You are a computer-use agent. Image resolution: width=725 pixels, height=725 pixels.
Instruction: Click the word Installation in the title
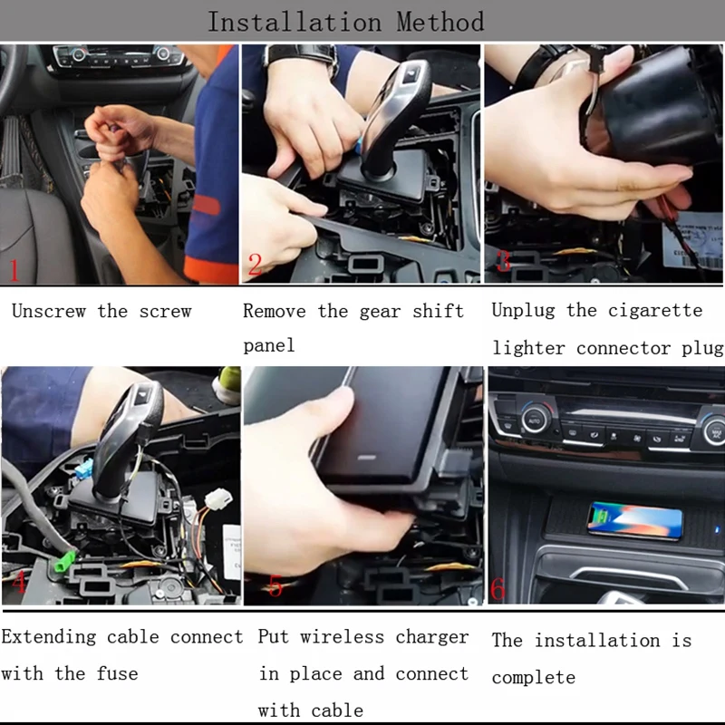click(x=295, y=22)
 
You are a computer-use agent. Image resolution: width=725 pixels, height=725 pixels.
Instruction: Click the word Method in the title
click(x=440, y=22)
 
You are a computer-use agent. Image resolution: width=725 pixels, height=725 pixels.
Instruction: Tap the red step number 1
click(x=14, y=270)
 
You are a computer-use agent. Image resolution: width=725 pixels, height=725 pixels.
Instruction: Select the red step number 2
click(x=255, y=265)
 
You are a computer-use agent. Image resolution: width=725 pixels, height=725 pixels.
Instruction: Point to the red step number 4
click(x=18, y=582)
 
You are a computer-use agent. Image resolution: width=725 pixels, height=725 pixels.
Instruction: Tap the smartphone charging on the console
click(x=634, y=520)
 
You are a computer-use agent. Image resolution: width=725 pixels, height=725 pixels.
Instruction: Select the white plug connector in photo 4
click(x=218, y=499)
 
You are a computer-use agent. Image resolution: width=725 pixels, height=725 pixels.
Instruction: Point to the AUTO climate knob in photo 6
click(x=535, y=420)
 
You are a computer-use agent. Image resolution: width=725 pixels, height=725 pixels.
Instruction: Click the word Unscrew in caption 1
click(x=49, y=311)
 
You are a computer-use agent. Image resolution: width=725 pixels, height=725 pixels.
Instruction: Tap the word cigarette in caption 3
click(x=655, y=310)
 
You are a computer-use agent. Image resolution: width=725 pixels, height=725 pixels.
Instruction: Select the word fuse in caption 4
click(x=117, y=673)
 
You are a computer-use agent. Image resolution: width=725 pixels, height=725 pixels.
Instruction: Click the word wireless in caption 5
click(x=343, y=637)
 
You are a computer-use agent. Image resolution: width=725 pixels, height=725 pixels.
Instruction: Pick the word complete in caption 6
click(x=534, y=678)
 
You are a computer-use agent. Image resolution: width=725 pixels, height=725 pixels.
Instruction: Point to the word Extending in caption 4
click(x=49, y=637)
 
